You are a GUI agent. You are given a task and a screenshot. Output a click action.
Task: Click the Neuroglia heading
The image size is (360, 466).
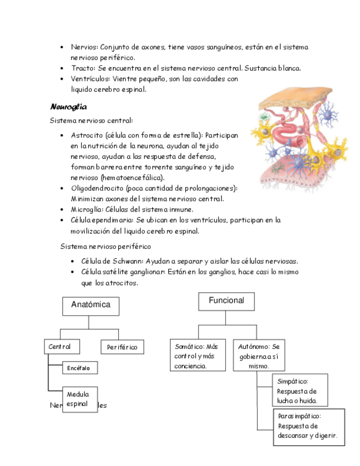(68, 107)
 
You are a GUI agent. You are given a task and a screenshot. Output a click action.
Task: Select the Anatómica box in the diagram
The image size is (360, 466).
(91, 306)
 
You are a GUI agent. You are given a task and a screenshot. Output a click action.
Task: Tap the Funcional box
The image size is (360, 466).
(226, 302)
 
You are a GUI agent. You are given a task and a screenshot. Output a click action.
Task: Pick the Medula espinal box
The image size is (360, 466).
(80, 399)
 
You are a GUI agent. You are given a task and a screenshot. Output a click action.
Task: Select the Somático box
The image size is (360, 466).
(197, 356)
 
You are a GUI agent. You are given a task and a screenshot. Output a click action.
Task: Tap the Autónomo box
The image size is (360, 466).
(259, 356)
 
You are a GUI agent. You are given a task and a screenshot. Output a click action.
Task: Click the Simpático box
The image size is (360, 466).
(300, 390)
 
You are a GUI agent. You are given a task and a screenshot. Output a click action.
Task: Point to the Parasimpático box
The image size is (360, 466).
(308, 426)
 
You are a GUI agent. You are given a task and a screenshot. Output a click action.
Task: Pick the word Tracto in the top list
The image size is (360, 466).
(82, 68)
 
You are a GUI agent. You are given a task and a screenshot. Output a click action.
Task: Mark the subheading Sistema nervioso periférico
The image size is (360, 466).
(106, 246)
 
